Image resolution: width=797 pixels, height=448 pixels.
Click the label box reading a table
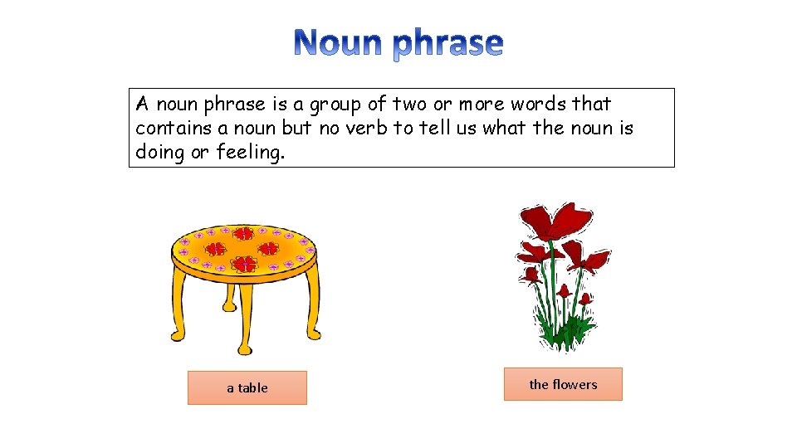247,387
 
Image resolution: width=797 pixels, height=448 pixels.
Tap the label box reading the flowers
563,384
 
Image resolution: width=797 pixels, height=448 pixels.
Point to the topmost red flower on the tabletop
243,233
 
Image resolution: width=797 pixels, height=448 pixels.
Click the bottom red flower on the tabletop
243,264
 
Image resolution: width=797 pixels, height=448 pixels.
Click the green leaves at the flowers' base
565,332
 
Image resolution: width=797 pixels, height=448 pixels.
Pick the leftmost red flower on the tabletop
216,248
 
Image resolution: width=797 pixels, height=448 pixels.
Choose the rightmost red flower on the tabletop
267,248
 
